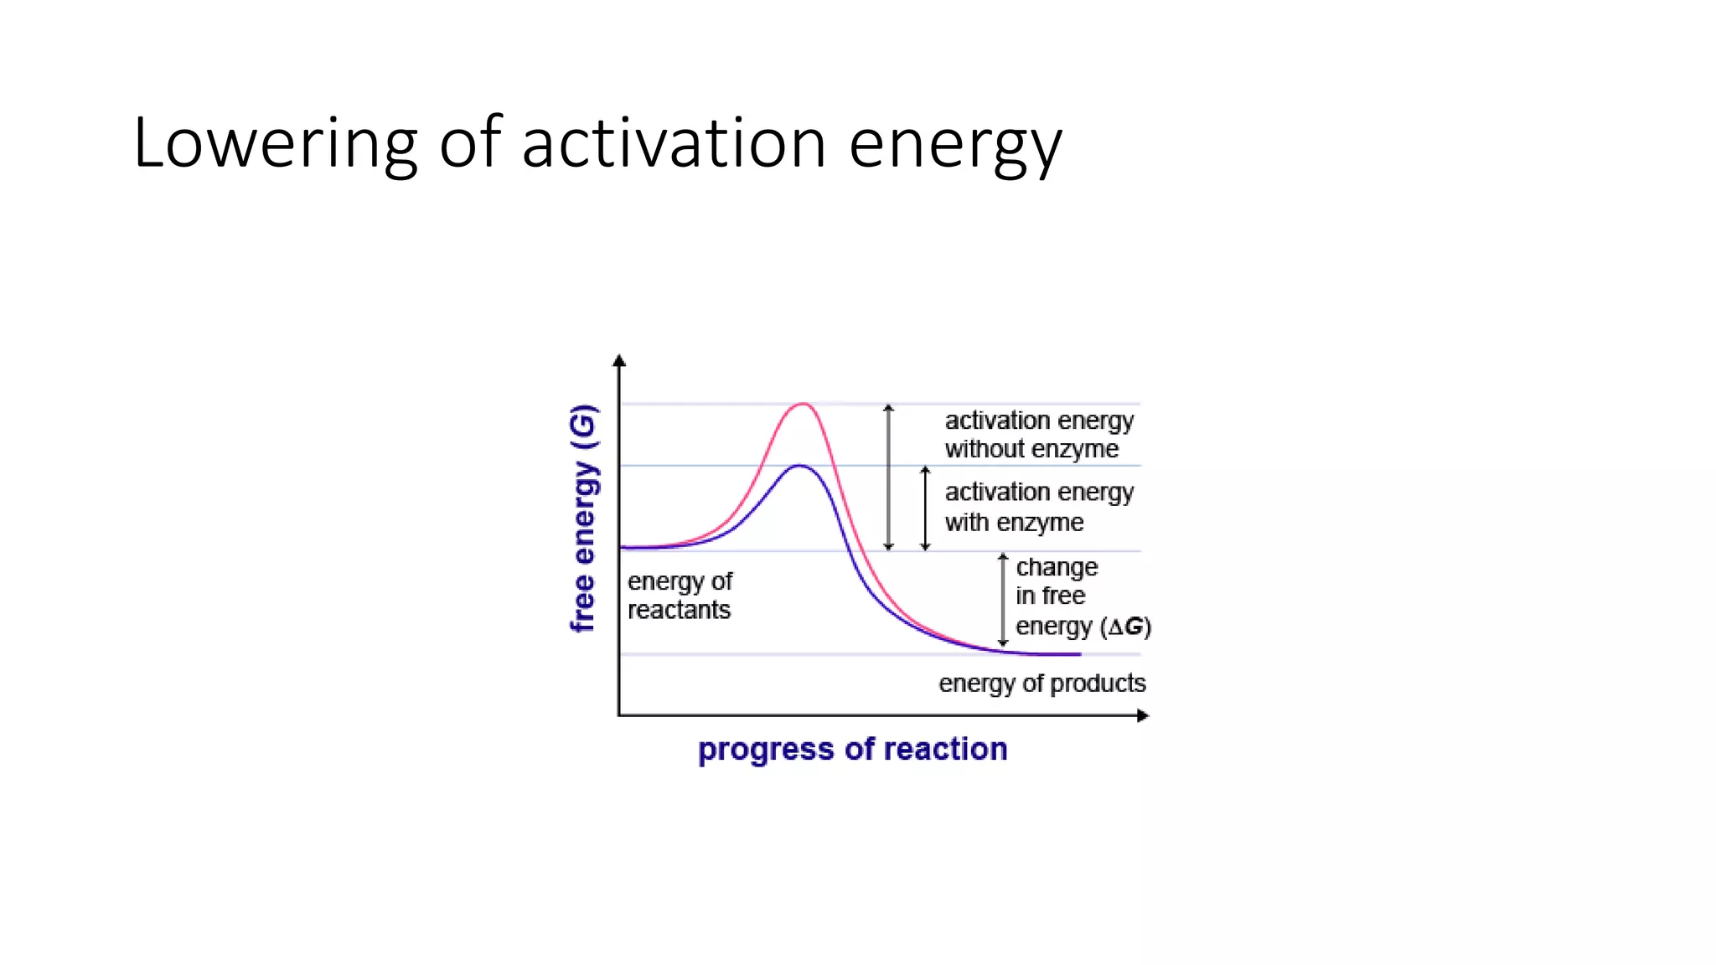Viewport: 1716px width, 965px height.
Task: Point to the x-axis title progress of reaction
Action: point(852,749)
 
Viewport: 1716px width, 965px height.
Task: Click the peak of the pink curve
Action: point(803,405)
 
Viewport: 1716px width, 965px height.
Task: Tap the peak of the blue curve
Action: point(800,466)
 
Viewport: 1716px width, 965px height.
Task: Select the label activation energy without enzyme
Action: point(1039,434)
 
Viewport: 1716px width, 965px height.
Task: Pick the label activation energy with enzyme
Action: point(1039,507)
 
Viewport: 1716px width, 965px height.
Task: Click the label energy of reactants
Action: point(680,596)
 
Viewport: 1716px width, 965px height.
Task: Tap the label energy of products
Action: point(1041,684)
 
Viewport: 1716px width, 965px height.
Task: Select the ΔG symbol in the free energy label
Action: point(1126,627)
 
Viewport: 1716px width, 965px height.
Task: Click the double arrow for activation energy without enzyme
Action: point(889,477)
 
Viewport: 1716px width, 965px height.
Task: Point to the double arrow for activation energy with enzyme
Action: point(925,508)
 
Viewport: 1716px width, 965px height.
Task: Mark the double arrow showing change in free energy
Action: point(1003,600)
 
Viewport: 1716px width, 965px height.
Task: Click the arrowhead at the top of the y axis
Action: point(619,361)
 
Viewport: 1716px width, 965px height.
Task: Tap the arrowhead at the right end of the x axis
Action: point(1143,715)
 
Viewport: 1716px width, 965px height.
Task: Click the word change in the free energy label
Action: point(1057,568)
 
